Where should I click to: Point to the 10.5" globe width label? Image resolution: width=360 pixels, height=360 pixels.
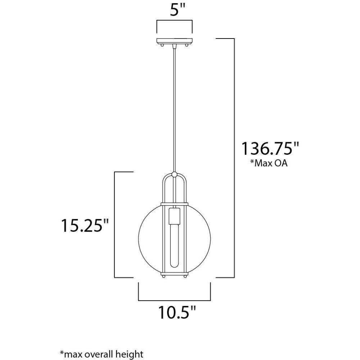(177, 312)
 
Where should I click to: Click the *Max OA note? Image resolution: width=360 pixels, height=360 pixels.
(269, 163)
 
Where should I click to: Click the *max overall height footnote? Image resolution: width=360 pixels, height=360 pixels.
(102, 354)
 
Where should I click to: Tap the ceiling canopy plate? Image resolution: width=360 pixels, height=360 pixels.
(175, 41)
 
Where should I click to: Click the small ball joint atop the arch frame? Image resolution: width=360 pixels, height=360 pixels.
(175, 174)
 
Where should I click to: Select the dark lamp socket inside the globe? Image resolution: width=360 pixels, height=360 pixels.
(175, 216)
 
